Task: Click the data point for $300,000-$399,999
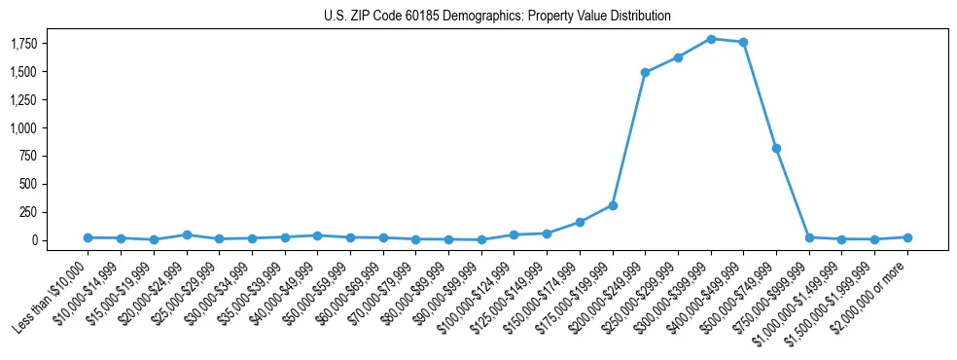pyautogui.click(x=711, y=39)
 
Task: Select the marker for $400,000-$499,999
pyautogui.click(x=743, y=42)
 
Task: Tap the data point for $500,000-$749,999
pyautogui.click(x=776, y=148)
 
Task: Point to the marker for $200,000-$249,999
pyautogui.click(x=645, y=72)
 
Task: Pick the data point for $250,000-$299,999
pyautogui.click(x=678, y=57)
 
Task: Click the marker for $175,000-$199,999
pyautogui.click(x=613, y=205)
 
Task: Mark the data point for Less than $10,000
pyautogui.click(x=88, y=237)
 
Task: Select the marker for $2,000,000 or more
pyautogui.click(x=907, y=237)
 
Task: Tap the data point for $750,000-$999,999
pyautogui.click(x=809, y=237)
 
